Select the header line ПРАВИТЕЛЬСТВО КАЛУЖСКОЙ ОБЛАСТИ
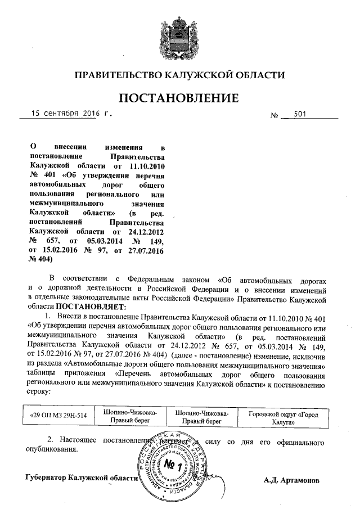pyautogui.click(x=180, y=74)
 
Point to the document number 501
pyautogui.click(x=300, y=114)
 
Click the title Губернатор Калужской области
pyautogui.click(x=82, y=479)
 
